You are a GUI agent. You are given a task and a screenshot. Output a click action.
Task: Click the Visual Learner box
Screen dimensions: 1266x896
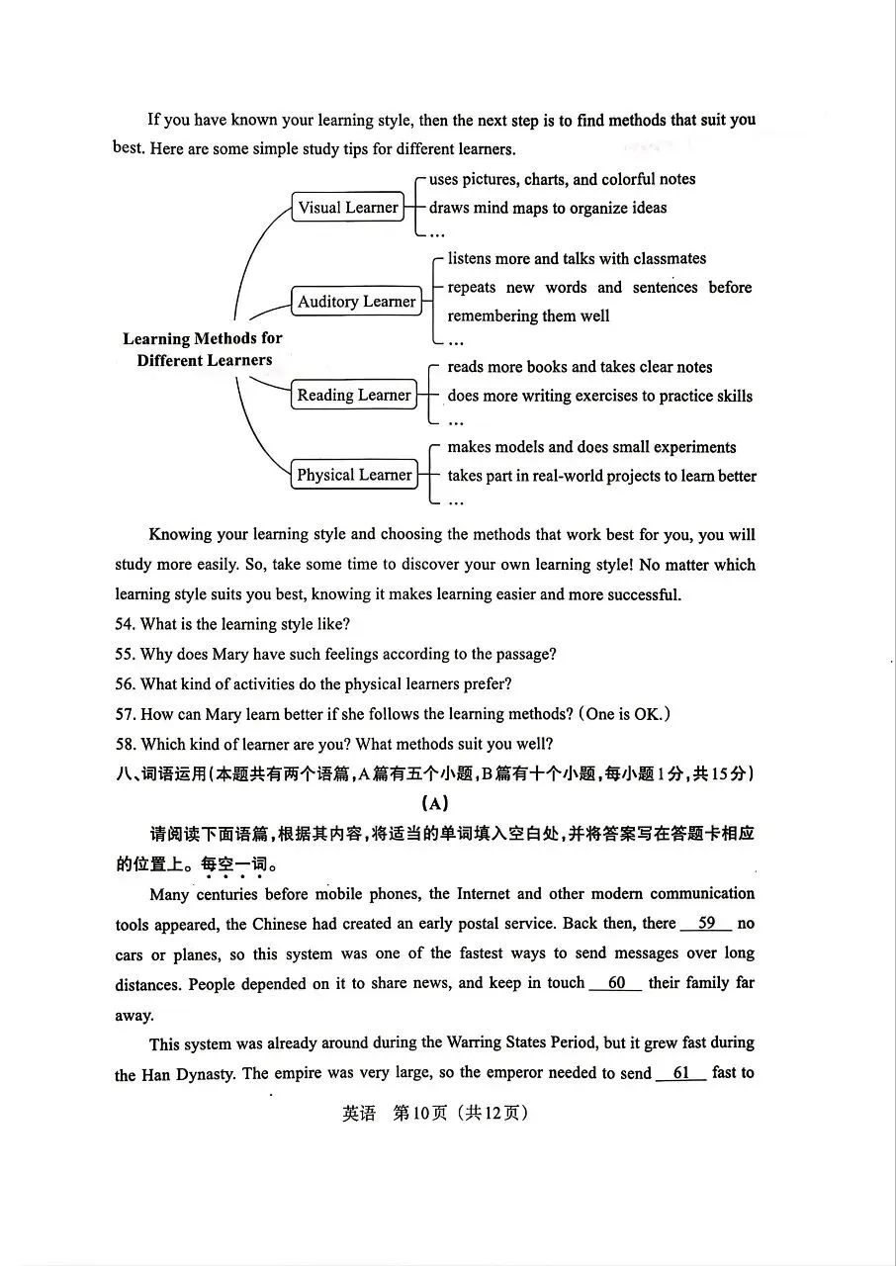pos(348,208)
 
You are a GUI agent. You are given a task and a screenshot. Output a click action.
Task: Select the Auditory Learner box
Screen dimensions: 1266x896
pos(356,302)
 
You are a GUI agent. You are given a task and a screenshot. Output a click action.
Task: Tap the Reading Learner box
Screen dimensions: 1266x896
pos(353,396)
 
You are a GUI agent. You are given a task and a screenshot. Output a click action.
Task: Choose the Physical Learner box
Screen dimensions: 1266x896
pos(353,475)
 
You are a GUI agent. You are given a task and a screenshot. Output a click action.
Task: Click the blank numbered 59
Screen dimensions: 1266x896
pos(706,924)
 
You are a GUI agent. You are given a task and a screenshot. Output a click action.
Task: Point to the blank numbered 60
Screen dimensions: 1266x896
pos(616,983)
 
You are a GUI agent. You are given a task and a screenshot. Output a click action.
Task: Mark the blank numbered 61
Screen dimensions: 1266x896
pos(680,1073)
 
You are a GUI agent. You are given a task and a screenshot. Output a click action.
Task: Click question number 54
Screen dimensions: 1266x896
pos(125,624)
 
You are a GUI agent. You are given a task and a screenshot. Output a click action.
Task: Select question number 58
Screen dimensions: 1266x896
pos(125,744)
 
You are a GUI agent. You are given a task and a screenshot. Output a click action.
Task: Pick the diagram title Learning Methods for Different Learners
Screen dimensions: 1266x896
pos(203,349)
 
